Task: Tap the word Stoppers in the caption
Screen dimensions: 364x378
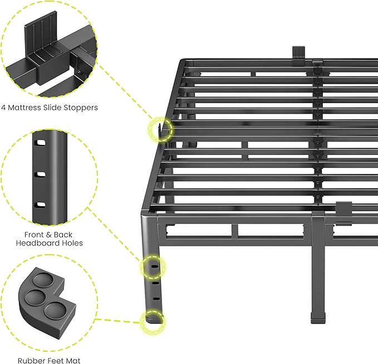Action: (x=79, y=107)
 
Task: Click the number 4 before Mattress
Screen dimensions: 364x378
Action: (x=3, y=107)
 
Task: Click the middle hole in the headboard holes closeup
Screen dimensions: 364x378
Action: (x=40, y=175)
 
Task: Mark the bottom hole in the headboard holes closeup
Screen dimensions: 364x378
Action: (x=40, y=205)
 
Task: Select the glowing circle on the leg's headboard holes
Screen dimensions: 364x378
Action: (x=154, y=266)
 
